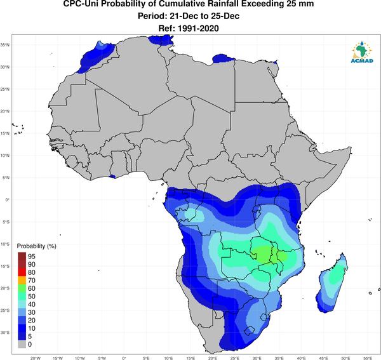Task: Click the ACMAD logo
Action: [362, 51]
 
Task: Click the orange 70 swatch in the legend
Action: [22, 281]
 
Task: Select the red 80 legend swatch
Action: [22, 272]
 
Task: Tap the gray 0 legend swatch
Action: [22, 344]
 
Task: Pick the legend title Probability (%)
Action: [36, 246]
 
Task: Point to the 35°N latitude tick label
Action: [5, 45]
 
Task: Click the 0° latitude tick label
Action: [7, 199]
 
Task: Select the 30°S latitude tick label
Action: [5, 332]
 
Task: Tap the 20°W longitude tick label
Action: [36, 358]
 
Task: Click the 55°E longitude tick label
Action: [368, 358]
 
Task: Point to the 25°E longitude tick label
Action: [235, 358]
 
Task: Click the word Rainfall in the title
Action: [218, 4]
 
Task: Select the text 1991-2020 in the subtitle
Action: [198, 29]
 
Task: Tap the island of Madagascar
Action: [332, 283]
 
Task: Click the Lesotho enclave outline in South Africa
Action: [250, 331]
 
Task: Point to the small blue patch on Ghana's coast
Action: [112, 177]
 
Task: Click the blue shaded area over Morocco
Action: [97, 56]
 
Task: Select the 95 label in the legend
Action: [32, 257]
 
